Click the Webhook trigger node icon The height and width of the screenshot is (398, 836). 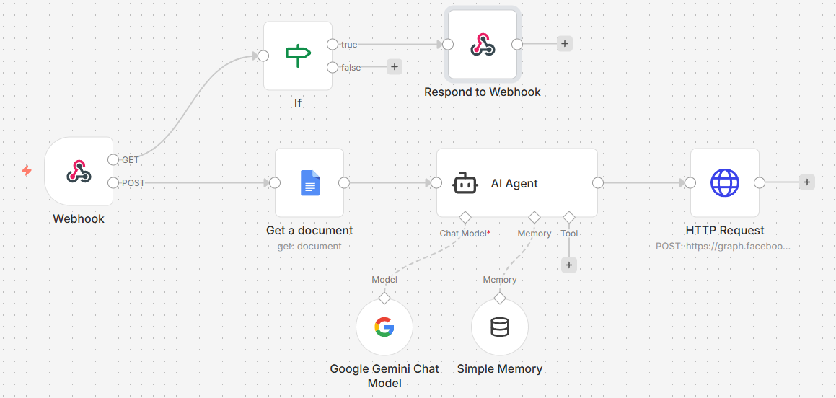79,171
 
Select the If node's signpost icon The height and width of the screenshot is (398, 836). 297,55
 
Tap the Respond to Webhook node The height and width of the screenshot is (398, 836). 482,45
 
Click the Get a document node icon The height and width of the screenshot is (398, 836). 309,183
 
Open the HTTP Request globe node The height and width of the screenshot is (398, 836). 724,183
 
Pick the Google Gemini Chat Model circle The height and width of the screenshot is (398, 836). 384,327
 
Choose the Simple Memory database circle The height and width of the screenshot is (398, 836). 499,327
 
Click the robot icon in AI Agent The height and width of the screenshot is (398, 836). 465,183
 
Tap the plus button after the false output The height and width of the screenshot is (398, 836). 394,67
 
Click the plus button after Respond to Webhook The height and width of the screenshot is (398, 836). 564,44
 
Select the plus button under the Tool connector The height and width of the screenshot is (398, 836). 569,265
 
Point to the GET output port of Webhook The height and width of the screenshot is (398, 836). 113,159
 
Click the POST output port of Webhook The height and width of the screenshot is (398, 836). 113,183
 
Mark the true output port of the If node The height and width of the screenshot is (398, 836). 332,45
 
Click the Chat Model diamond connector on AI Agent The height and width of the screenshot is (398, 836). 465,217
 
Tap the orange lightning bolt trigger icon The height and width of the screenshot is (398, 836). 27,171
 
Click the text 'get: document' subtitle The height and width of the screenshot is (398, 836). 309,247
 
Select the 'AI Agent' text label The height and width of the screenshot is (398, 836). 514,184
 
